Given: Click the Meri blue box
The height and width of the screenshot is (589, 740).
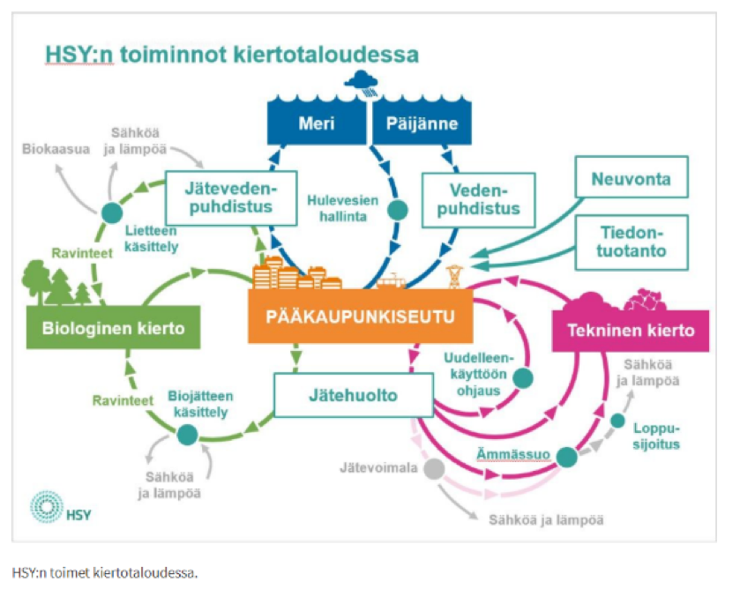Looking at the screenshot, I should coord(317,123).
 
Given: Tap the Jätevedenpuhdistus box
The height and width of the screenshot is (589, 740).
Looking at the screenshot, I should coord(228,196).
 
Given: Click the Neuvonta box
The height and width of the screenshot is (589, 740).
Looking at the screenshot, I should coord(631,179).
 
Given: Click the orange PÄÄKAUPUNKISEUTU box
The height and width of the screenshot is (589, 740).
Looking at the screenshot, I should coord(361,317).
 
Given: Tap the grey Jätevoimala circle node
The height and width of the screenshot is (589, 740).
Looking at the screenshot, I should coord(432,468).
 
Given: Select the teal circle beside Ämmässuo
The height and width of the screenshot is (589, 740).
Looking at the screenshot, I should coord(566,456).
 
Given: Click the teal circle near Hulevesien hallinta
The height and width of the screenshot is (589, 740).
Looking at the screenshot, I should coord(399,209).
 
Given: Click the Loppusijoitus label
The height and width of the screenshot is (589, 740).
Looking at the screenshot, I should coord(657,436).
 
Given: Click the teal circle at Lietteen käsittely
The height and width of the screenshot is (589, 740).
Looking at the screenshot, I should coord(112,212).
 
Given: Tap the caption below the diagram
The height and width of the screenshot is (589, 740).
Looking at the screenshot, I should coord(106,572).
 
